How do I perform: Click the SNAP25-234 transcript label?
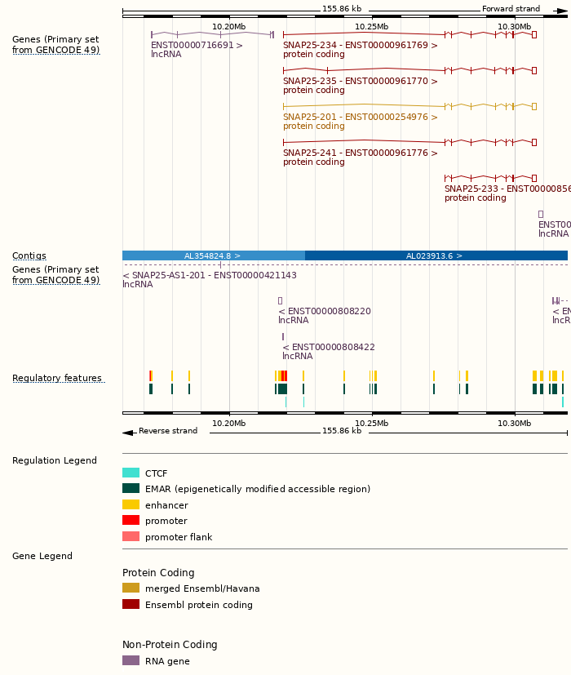coord(360,46)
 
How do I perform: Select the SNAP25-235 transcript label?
coord(360,82)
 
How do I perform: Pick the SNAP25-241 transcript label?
coord(360,153)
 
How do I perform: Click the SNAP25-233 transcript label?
coord(506,189)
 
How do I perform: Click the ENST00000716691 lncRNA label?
coord(197,46)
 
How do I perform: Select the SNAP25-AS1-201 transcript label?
coord(210,276)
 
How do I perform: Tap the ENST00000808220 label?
coord(325,312)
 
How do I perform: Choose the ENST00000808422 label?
coord(329,348)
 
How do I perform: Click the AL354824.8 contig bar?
coord(213,255)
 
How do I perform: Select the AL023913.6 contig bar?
coord(436,255)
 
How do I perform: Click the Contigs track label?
coord(29,256)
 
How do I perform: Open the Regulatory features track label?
coord(57,379)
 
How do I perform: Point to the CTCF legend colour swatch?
coord(131,473)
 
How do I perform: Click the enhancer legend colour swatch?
coord(131,505)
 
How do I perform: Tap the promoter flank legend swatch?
coord(131,537)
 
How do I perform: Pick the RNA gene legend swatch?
coord(131,661)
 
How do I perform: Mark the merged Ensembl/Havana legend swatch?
coord(131,588)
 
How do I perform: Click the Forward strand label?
coord(511,9)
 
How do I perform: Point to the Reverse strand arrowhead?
coord(127,432)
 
